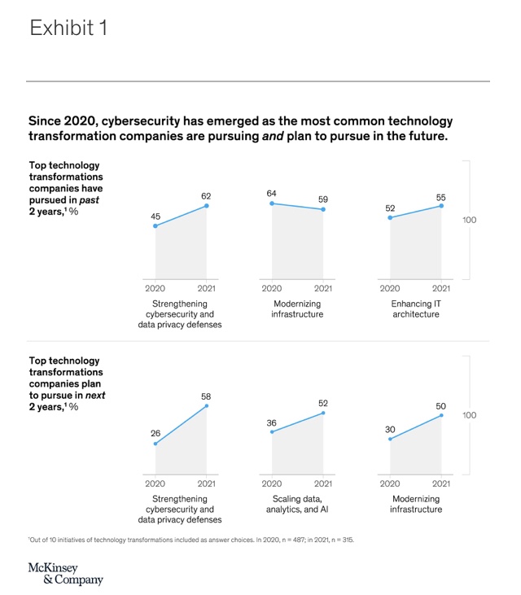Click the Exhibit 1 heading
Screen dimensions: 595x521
tap(68, 28)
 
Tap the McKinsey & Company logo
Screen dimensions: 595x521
tap(66, 573)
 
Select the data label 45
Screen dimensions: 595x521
tap(155, 216)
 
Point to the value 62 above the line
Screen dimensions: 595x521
tap(207, 196)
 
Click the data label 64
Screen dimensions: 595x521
tap(272, 193)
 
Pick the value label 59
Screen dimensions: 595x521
tap(323, 199)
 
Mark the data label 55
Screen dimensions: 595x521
tap(441, 196)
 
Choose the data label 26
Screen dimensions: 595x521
tap(155, 433)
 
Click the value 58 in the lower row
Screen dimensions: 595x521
tap(207, 396)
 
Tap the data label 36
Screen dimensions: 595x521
tap(272, 422)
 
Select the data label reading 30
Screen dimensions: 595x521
tap(390, 429)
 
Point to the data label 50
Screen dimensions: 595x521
tap(441, 405)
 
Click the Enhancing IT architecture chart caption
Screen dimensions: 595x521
tap(415, 308)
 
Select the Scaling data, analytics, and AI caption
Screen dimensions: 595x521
tap(297, 504)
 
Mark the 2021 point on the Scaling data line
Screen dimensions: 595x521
tap(323, 413)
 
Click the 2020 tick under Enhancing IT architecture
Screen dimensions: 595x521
tap(390, 288)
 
